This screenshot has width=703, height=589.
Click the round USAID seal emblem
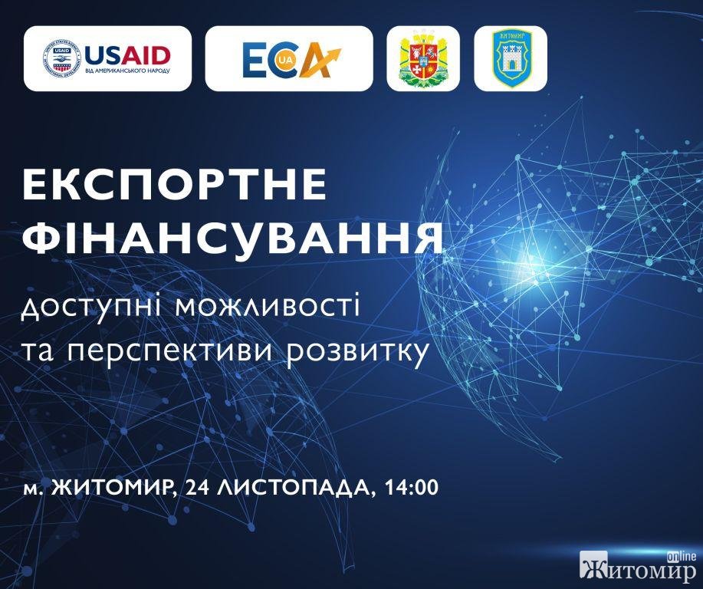point(61,58)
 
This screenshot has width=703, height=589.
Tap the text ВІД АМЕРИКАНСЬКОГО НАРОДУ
point(127,71)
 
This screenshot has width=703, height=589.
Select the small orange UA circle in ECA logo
point(282,65)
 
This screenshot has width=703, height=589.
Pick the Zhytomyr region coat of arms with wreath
point(422,58)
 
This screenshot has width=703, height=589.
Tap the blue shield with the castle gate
point(511,58)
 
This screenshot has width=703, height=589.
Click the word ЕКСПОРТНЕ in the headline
point(174,184)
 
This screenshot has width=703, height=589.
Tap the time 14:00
point(411,487)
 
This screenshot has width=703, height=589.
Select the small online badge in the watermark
point(682,556)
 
